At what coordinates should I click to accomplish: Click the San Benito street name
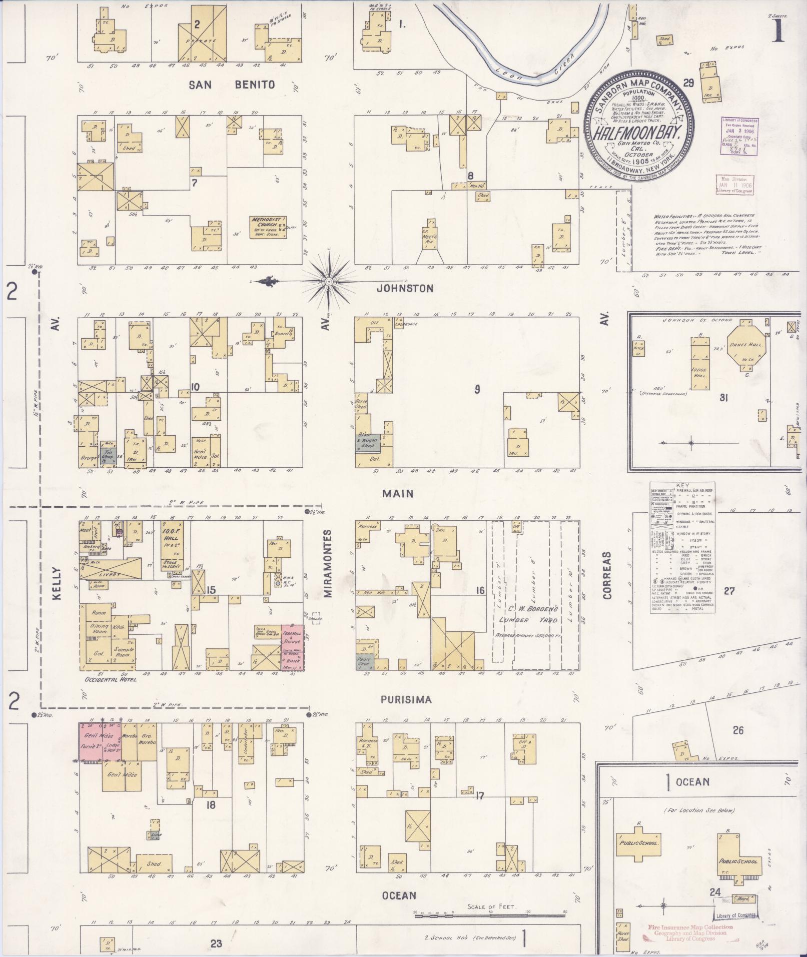(232, 85)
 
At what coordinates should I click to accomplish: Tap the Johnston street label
(405, 289)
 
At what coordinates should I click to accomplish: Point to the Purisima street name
(406, 700)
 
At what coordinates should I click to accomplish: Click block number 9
(477, 389)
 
